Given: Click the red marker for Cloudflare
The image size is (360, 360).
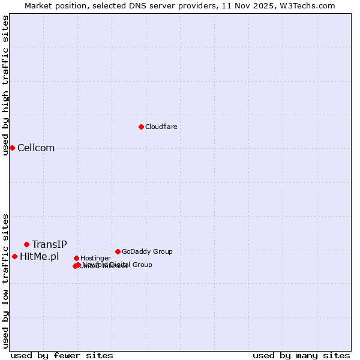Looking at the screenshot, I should click(x=141, y=127).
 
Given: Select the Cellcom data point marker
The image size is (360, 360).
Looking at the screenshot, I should click(x=12, y=148).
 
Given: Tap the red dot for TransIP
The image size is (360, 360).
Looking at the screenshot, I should click(x=26, y=244).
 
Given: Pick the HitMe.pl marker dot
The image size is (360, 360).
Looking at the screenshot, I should click(x=14, y=256).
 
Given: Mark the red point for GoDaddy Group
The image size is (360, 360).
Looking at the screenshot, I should click(x=118, y=251).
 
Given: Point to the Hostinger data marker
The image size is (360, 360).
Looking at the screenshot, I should click(x=76, y=258).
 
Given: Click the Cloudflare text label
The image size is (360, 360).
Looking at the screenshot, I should click(x=161, y=127).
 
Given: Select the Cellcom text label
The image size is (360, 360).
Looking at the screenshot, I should click(x=36, y=148).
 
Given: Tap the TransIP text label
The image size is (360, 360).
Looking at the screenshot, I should click(x=49, y=244).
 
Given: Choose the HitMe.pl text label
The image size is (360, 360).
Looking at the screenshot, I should click(x=40, y=257).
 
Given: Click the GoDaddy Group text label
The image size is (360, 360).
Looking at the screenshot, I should click(x=147, y=251).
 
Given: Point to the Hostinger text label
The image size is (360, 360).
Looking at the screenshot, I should click(x=95, y=258).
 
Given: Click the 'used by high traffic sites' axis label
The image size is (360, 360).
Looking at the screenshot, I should click(x=5, y=85).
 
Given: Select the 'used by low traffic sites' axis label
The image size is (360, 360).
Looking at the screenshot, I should click(x=5, y=280).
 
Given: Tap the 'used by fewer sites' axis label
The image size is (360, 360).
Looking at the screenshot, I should click(x=62, y=355).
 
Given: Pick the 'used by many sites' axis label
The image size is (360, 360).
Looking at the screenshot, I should click(x=301, y=355).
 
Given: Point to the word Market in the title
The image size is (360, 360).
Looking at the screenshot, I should click(x=38, y=5).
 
